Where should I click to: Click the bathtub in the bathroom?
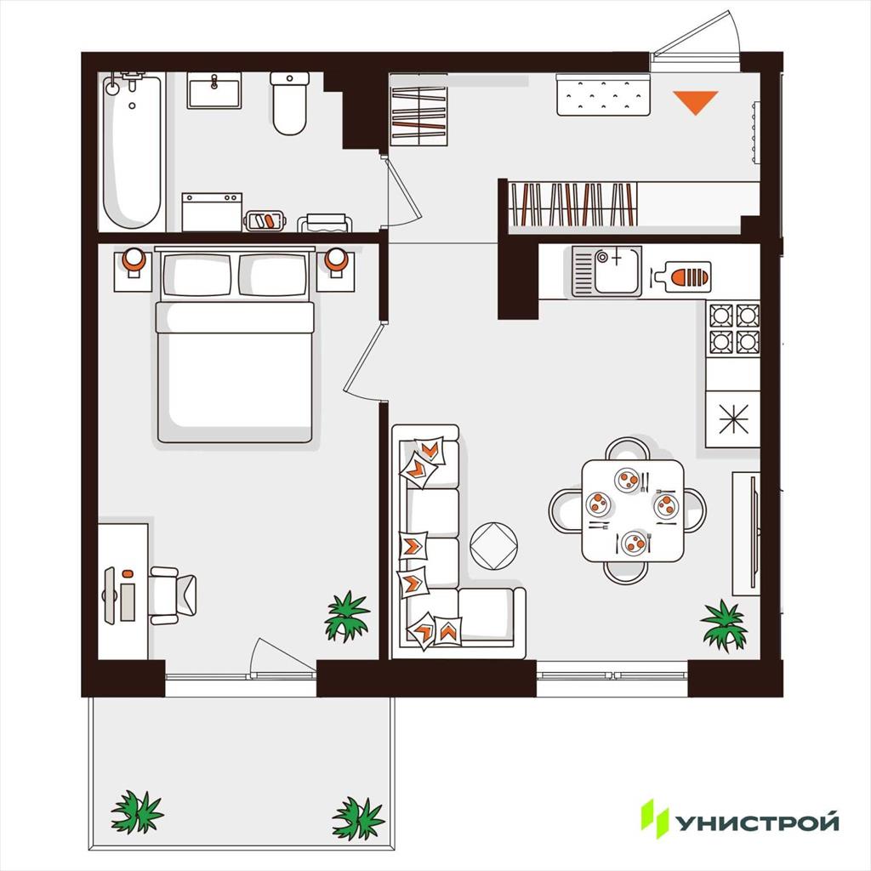point(132,151)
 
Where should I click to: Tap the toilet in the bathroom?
point(289,104)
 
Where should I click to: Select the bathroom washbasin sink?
point(213,90)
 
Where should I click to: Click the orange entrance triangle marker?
point(696,102)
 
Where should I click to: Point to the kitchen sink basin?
point(616,271)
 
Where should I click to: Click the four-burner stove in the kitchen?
point(733,329)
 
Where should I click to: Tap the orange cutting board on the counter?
point(683,276)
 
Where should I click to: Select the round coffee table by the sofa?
point(493,545)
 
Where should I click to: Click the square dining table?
point(633,510)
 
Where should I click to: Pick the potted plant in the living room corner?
point(723,625)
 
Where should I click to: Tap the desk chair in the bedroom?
point(172,595)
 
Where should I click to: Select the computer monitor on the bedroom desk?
point(110,595)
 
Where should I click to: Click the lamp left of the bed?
point(134,262)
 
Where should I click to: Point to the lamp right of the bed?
point(336,262)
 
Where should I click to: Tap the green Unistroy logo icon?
point(655,818)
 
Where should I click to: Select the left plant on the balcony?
point(137,812)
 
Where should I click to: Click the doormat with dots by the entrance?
point(603,95)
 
